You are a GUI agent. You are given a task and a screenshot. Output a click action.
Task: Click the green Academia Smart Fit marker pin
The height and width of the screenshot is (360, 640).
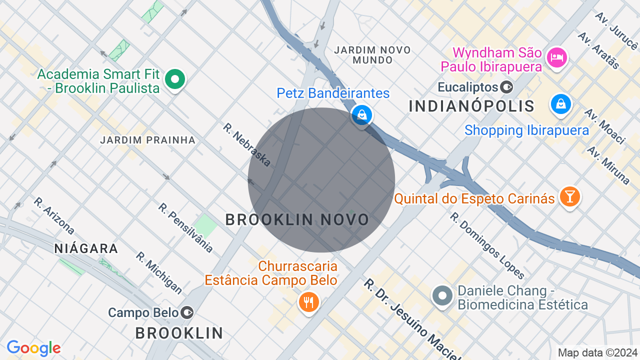174,79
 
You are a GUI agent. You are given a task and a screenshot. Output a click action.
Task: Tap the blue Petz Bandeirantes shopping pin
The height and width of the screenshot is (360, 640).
361,114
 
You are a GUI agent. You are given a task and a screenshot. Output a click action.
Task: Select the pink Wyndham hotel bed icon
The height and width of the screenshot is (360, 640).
556,57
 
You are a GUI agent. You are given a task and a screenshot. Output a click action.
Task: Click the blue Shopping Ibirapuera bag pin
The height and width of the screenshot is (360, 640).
561,104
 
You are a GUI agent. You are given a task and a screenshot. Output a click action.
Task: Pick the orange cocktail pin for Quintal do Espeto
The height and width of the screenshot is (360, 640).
569,196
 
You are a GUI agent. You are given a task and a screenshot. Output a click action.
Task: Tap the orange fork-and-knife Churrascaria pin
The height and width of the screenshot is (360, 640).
308,302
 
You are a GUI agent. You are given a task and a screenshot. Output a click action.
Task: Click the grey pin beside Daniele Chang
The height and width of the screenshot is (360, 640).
442,295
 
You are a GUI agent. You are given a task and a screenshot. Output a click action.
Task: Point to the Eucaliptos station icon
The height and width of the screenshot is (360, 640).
506,87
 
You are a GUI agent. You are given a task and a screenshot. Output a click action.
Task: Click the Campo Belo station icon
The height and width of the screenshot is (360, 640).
187,313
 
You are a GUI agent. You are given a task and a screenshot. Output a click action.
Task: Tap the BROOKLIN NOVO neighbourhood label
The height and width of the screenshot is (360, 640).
297,219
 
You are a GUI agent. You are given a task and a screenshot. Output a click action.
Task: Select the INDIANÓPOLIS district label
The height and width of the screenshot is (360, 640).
471,106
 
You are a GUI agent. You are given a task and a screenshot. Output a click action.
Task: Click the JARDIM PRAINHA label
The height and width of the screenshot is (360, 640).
147,140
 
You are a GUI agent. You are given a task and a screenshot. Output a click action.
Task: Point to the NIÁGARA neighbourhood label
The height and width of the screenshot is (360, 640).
86,248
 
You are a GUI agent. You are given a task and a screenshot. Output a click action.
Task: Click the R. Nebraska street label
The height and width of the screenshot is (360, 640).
247,144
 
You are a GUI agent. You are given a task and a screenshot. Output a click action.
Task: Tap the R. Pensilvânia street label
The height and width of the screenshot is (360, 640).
186,227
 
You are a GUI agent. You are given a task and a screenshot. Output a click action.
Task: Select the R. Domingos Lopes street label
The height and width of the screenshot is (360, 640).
487,245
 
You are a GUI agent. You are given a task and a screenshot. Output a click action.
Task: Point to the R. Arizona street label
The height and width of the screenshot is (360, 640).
54,216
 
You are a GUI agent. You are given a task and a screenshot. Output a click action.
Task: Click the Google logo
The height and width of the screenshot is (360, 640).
33,348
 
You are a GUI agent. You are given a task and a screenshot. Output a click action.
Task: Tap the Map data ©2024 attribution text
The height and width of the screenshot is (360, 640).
598,352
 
